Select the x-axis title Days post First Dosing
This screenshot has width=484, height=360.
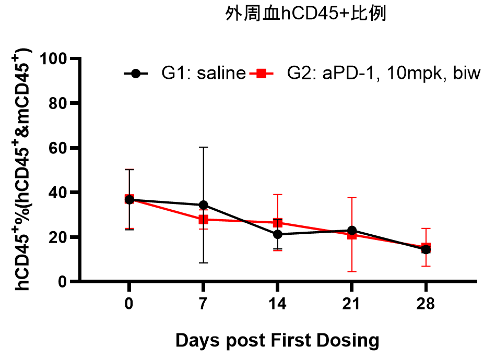pyautogui.click(x=277, y=341)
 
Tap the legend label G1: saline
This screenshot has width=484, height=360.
pyautogui.click(x=203, y=74)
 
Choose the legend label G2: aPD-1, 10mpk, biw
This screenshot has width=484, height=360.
pyautogui.click(x=382, y=74)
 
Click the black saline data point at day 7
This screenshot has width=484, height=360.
pyautogui.click(x=203, y=205)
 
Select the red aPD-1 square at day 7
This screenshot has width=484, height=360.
pyautogui.click(x=203, y=220)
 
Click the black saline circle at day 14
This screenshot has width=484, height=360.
pyautogui.click(x=277, y=234)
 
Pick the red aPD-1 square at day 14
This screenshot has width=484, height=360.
pyautogui.click(x=277, y=223)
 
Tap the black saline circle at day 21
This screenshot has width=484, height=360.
pyautogui.click(x=352, y=230)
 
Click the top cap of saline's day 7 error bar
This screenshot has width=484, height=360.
pyautogui.click(x=203, y=147)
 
